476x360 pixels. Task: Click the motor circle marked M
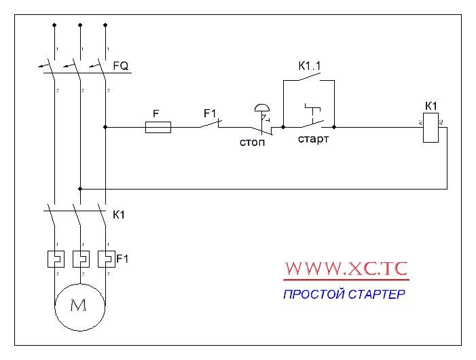coord(79,306)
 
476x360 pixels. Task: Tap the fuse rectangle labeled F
coord(158,126)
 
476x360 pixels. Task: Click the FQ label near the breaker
coord(121,66)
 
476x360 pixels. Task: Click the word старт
coord(313,139)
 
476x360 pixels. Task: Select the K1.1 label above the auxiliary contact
coord(310,66)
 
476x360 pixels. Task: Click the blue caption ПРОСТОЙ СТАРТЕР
coord(344,295)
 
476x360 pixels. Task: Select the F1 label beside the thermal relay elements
coord(122,259)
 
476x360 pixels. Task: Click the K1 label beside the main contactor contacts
coord(118,215)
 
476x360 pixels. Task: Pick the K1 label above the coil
coord(431,106)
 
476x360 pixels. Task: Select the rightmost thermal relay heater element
coord(106,259)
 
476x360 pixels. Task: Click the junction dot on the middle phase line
coord(80,188)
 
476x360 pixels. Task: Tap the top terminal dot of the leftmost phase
coord(54,25)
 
